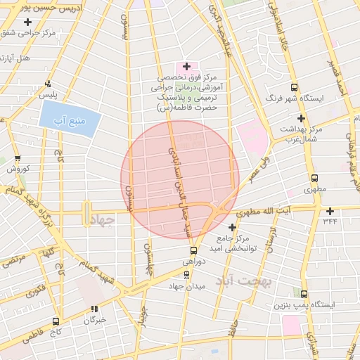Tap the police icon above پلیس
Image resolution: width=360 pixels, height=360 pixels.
click(x=47, y=83)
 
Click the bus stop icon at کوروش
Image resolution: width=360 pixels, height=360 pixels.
click(x=18, y=159)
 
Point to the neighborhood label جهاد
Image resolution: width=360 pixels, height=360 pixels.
click(x=103, y=221)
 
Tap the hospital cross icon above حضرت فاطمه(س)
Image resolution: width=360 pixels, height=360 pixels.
click(x=186, y=65)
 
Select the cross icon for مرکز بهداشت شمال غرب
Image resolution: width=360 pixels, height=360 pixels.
click(x=301, y=118)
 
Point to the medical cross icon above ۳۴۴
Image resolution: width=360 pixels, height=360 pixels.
click(x=330, y=210)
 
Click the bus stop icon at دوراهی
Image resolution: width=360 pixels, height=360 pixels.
click(x=193, y=250)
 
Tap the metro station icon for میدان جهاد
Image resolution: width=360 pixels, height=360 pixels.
click(x=186, y=275)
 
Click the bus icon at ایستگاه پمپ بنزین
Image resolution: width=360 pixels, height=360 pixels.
click(x=304, y=294)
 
